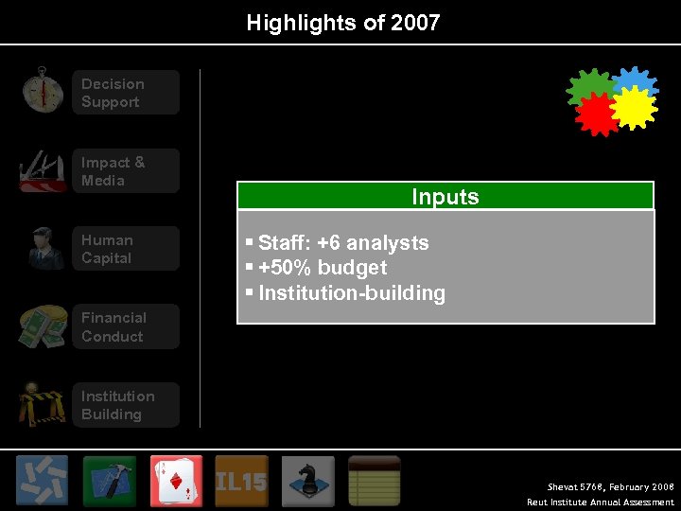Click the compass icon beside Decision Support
pos(42,91)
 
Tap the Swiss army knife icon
pos(43,170)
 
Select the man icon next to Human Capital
pos(44,248)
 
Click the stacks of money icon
pos(43,326)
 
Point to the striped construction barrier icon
pos(43,404)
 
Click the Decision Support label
pos(113,93)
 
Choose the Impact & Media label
pos(113,171)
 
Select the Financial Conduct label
pos(113,327)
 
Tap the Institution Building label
pos(117,405)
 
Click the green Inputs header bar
pos(445,196)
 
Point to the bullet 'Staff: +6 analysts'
pos(343,243)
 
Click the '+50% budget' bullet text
pos(323,268)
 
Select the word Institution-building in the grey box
pos(351,293)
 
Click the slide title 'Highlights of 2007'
pos(342,23)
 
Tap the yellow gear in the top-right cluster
pos(635,108)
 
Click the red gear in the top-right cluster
pos(596,115)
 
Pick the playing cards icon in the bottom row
pos(176,481)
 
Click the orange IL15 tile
pos(241,481)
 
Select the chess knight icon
pos(307,481)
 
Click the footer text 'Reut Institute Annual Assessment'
pos(601,502)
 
